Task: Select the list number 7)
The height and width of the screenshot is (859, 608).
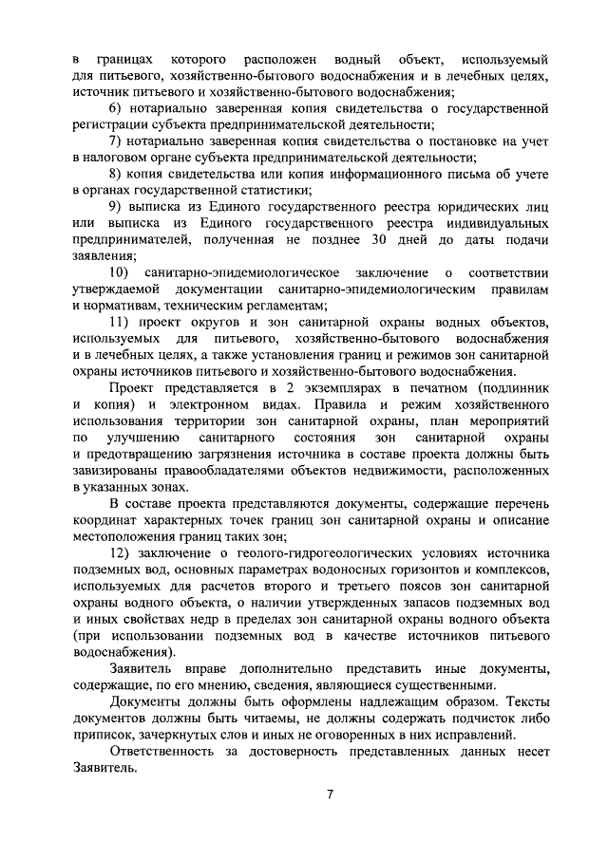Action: coord(116,141)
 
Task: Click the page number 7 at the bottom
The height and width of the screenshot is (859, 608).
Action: coord(329,794)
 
